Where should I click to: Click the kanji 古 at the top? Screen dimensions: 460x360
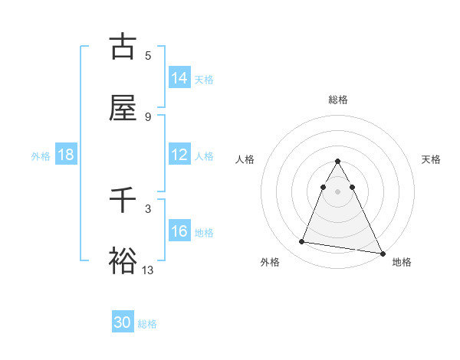point(123,47)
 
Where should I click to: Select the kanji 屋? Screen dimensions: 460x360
point(123,108)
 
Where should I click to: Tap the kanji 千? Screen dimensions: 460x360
point(123,200)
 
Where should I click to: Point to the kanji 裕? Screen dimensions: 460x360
point(123,261)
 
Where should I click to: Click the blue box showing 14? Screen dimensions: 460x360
point(179,77)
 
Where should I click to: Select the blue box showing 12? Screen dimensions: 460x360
point(179,155)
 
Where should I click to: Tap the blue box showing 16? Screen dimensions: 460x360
point(179,231)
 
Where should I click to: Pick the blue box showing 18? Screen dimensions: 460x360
point(66,155)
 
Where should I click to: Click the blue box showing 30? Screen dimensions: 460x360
point(123,322)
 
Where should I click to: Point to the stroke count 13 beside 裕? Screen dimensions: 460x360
point(148,270)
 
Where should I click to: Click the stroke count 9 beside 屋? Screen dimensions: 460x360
point(148,116)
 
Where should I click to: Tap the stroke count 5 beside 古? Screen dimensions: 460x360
point(148,55)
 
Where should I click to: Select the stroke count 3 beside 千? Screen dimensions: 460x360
point(148,208)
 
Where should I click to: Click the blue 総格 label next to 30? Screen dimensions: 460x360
point(147,324)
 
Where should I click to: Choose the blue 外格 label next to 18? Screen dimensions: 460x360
point(41,155)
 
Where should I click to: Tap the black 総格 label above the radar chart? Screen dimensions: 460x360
point(338,100)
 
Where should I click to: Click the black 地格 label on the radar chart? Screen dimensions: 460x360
point(402,263)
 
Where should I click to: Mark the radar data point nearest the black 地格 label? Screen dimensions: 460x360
point(382,252)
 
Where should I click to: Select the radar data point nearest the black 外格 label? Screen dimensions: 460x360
point(302,242)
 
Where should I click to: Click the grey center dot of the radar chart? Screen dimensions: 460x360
point(338,191)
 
